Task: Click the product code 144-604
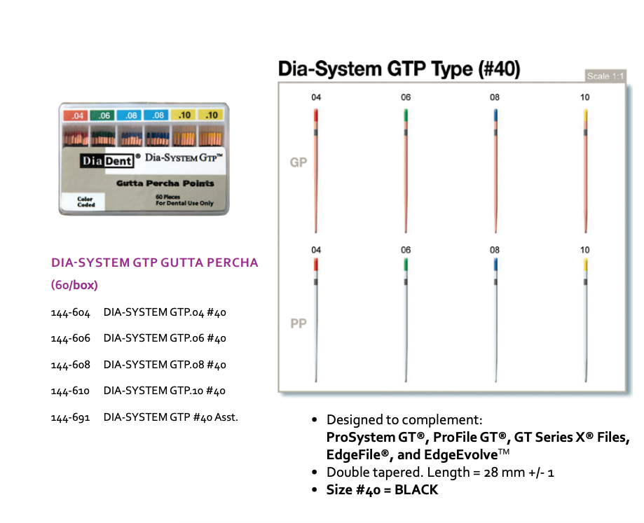point(70,312)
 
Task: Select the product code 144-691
point(70,417)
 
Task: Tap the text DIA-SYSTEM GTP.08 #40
point(165,365)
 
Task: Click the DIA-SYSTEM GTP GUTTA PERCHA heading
point(155,263)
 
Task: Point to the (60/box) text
point(74,285)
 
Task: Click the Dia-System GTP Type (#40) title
point(399,69)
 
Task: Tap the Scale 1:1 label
point(606,76)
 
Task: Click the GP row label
point(299,163)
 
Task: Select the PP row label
point(299,324)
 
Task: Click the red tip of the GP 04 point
point(317,116)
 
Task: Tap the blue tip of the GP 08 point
point(496,116)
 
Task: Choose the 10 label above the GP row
point(585,97)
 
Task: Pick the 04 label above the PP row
point(317,250)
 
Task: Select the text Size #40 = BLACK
point(382,490)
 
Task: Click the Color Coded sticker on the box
point(85,202)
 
